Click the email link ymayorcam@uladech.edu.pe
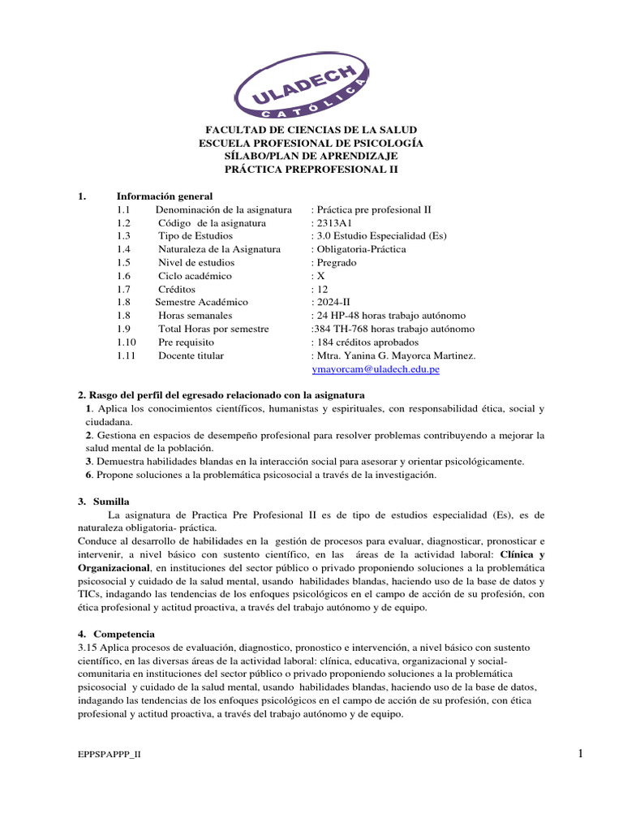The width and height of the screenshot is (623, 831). [x=376, y=368]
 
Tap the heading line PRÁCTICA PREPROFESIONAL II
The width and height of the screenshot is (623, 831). [x=311, y=169]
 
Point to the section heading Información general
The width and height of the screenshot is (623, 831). [x=165, y=196]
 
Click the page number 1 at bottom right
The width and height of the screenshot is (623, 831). [x=581, y=755]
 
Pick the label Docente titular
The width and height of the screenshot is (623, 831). [x=191, y=355]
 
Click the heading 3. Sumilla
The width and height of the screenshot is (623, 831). [x=103, y=502]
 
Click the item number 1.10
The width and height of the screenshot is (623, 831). [x=127, y=342]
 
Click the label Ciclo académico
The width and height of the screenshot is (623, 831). [x=189, y=276]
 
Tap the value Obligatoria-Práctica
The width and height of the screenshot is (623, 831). [x=361, y=249]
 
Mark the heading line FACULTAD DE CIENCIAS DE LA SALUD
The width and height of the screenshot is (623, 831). [x=311, y=130]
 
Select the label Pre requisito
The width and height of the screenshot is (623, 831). [x=186, y=342]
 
